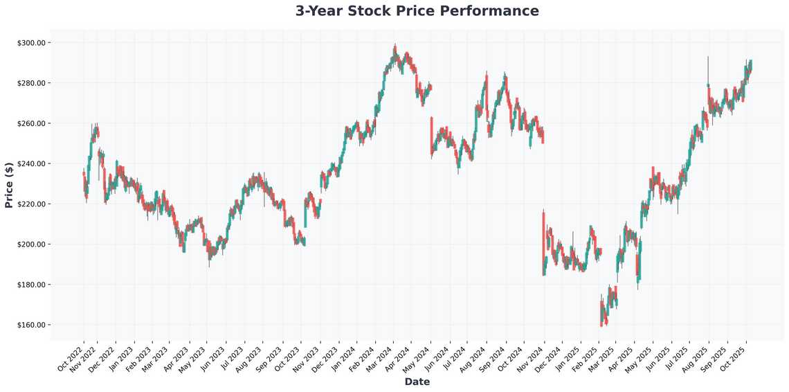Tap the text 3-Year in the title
320,11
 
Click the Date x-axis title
417,382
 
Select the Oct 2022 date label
71,357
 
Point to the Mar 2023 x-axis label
157,357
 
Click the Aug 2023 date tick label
248,357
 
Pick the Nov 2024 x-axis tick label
531,357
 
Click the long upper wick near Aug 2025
707,68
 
